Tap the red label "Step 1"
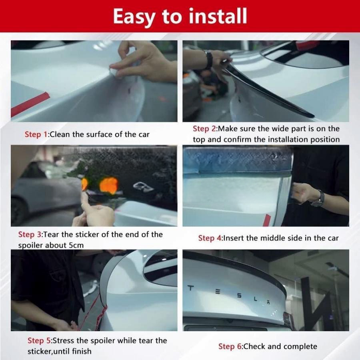pos(36,134)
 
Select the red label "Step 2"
pos(204,128)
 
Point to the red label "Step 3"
pos(30,234)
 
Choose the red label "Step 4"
pos(210,238)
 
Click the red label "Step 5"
pos(39,340)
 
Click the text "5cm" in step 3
pos(76,245)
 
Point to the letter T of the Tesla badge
pos(190,288)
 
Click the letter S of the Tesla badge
pos(239,296)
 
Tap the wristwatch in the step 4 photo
pos(319,199)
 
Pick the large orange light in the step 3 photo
pos(109,185)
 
